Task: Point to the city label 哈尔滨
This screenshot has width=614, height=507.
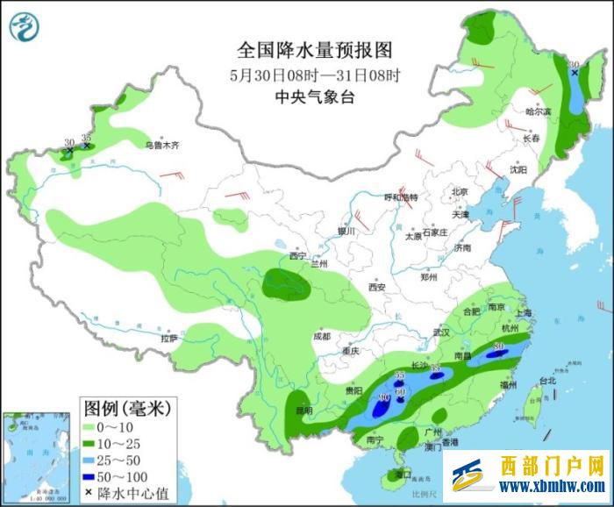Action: [x=538, y=111]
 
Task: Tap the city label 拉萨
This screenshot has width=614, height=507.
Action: [x=168, y=338]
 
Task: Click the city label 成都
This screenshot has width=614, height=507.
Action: [x=321, y=336]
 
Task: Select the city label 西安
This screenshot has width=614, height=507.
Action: [x=377, y=287]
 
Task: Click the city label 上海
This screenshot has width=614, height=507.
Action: [x=525, y=313]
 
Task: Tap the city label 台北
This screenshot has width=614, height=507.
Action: [x=547, y=381]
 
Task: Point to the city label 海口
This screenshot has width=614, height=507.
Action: [x=403, y=475]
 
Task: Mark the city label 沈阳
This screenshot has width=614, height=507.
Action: [x=519, y=169]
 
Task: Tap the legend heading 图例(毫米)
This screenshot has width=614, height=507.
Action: [x=127, y=408]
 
